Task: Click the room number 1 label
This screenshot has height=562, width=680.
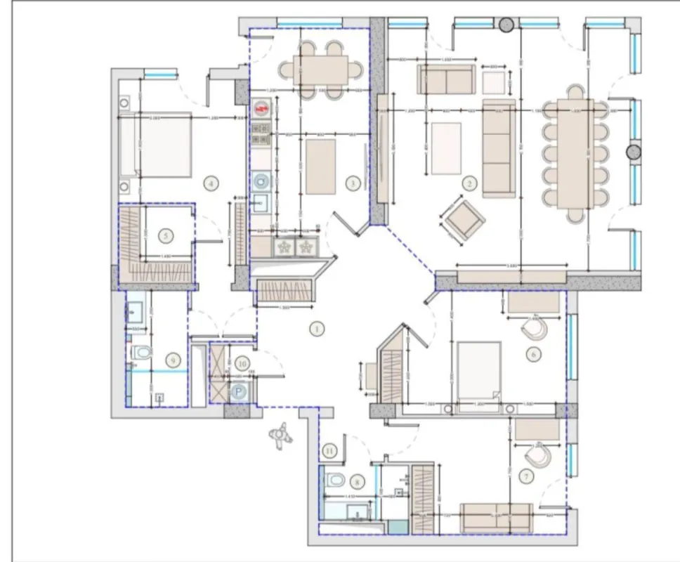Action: pos(316,328)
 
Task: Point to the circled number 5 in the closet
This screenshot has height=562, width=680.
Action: pos(166,237)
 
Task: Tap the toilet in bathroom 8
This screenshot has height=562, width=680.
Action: pos(334,481)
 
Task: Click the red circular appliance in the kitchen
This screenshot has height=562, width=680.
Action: pos(262,109)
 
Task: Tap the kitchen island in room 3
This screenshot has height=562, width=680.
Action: pos(321,166)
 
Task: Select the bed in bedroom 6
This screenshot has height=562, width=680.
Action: pos(478,370)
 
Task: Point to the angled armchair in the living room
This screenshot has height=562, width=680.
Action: pos(464,220)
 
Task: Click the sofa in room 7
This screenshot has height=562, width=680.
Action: pos(496,518)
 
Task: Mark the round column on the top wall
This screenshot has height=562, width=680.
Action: pos(506,25)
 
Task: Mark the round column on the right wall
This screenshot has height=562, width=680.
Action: pos(634,152)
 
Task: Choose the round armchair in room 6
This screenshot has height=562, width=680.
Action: pos(535,328)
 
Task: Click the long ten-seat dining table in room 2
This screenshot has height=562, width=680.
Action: pos(575,154)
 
